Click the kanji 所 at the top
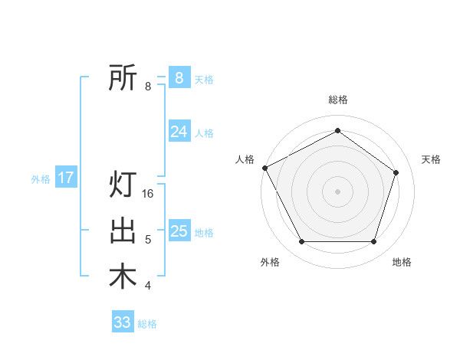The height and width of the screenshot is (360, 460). (123, 77)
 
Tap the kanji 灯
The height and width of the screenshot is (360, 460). (123, 185)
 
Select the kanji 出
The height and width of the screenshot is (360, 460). (123, 231)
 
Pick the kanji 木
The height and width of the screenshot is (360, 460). (123, 277)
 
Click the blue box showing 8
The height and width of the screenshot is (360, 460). (179, 77)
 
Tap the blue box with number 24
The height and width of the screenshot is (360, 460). (179, 132)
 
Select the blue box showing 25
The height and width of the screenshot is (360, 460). (179, 231)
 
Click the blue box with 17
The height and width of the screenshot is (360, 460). (66, 178)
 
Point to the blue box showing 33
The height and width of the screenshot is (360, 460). (123, 322)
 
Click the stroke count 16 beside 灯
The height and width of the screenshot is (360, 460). (149, 194)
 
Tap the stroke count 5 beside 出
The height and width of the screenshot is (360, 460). (148, 240)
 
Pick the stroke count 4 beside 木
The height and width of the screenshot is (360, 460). (148, 286)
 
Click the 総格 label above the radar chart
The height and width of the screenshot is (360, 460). (338, 100)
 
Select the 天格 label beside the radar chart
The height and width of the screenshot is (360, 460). (432, 159)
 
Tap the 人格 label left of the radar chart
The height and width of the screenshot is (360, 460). (245, 159)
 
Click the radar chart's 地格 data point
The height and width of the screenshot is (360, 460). (373, 242)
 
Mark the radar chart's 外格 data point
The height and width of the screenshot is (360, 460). (301, 242)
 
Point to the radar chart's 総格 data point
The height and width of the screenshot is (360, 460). (337, 131)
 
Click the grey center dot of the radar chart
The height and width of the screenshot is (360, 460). (337, 191)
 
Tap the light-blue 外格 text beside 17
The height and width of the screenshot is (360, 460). (41, 179)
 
